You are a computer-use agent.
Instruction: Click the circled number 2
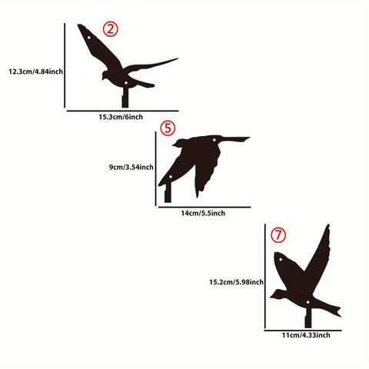pyautogui.click(x=111, y=30)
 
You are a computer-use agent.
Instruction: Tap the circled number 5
pyautogui.click(x=168, y=128)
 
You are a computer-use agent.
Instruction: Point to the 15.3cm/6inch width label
pyautogui.click(x=121, y=117)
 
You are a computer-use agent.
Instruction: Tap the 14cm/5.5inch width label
pyautogui.click(x=203, y=212)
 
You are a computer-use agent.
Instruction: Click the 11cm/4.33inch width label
pyautogui.click(x=305, y=335)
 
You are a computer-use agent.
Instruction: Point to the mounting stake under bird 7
pyautogui.click(x=307, y=317)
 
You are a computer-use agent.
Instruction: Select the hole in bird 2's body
pyautogui.click(x=126, y=81)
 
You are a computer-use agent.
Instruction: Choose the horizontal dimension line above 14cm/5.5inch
pyautogui.click(x=203, y=206)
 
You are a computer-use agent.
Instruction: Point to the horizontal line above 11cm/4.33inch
pyautogui.click(x=305, y=330)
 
